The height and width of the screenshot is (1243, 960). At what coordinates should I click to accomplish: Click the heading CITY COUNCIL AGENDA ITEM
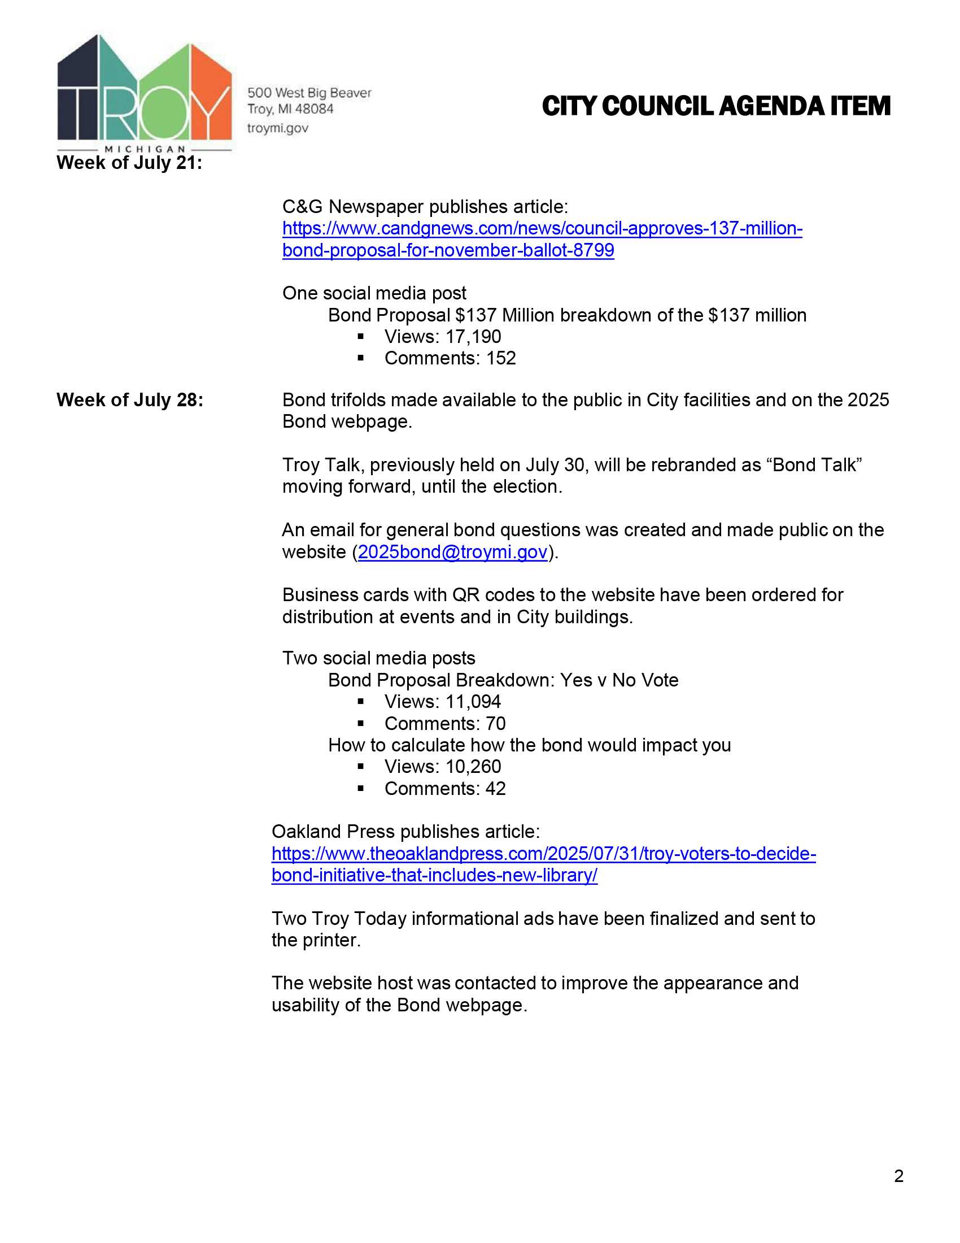pyautogui.click(x=715, y=106)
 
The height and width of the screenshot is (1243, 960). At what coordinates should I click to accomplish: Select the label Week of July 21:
pyautogui.click(x=129, y=163)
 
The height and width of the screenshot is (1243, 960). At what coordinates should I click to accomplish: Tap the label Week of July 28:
pyautogui.click(x=130, y=400)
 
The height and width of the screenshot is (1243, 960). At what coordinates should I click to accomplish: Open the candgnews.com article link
pyautogui.click(x=542, y=229)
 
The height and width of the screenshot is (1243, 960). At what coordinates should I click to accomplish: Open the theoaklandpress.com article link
pyautogui.click(x=543, y=854)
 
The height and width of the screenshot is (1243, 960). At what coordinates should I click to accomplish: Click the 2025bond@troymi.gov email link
pyautogui.click(x=452, y=552)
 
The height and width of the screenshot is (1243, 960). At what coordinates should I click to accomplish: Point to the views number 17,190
pyautogui.click(x=473, y=337)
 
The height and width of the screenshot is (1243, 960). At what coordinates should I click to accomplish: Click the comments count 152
pyautogui.click(x=501, y=359)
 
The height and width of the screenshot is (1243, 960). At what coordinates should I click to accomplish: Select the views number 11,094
pyautogui.click(x=473, y=702)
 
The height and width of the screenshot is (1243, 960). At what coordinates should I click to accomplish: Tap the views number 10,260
pyautogui.click(x=473, y=767)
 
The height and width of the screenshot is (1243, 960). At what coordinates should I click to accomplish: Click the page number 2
pyautogui.click(x=898, y=1176)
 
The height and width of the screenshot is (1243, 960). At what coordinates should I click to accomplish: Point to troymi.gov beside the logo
pyautogui.click(x=277, y=128)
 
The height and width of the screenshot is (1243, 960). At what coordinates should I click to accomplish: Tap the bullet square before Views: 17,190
pyautogui.click(x=361, y=337)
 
